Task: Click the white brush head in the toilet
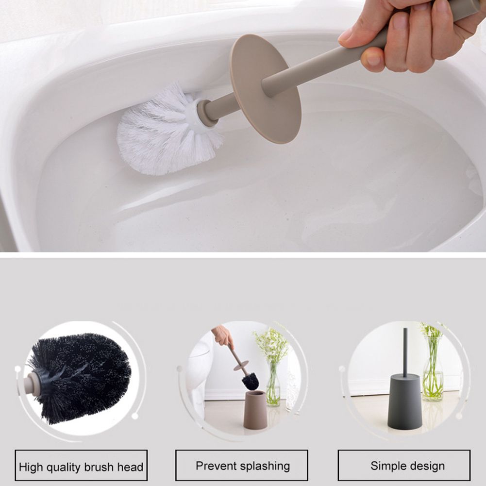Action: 169,130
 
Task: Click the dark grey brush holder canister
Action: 404,402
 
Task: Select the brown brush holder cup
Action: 255,409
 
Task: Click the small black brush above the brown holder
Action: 250,381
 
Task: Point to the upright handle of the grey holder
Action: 405,352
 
